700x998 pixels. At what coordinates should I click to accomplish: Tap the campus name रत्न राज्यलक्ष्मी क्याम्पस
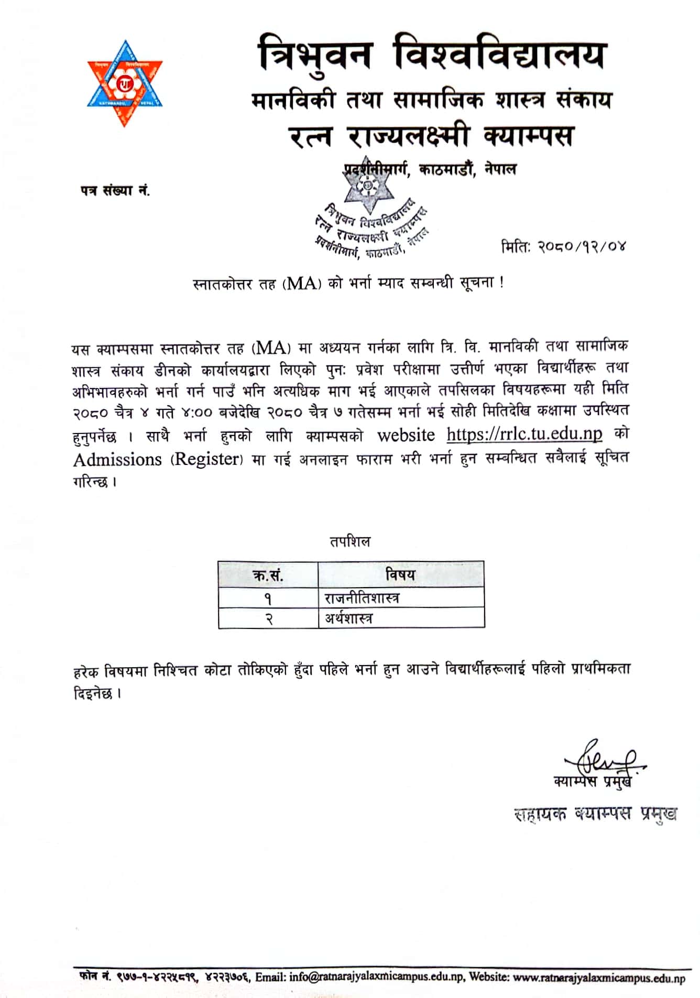point(431,136)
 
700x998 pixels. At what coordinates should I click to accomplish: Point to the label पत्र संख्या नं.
point(115,191)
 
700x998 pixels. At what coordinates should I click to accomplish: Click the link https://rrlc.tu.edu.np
point(524,435)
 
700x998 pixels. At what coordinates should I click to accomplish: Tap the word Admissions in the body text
point(117,460)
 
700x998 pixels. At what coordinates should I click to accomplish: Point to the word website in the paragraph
point(406,435)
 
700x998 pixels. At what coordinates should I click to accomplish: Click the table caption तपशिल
point(349,541)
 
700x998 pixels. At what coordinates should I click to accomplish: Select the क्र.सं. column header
point(268,575)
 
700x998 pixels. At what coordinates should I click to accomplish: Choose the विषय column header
point(400,574)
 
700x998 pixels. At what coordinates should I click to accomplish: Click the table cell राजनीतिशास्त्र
point(362,598)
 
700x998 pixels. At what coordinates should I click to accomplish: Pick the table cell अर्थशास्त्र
point(348,619)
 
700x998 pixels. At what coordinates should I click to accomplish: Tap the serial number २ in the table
point(268,619)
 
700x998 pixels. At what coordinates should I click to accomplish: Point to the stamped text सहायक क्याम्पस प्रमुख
point(595,814)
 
